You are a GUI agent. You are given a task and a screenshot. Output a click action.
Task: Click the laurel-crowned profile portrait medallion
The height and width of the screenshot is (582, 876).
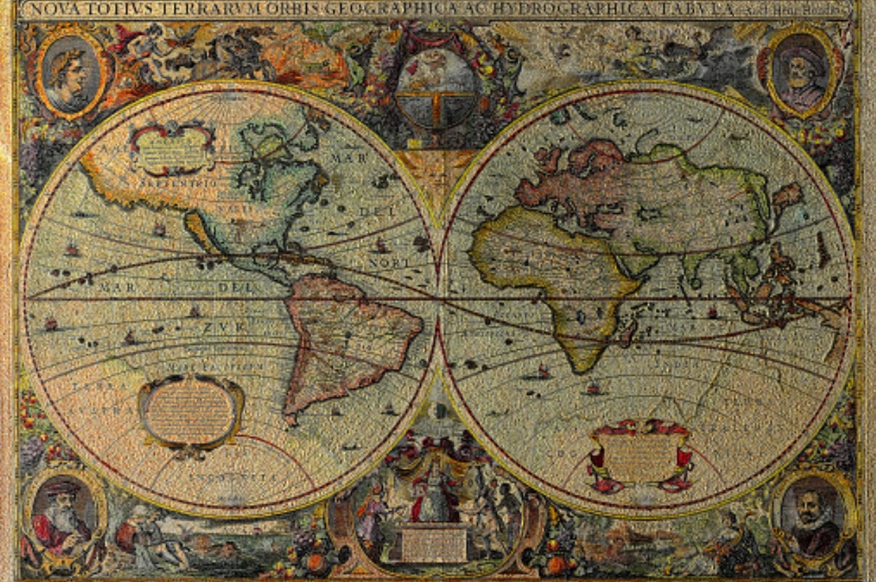pyautogui.click(x=71, y=72)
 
